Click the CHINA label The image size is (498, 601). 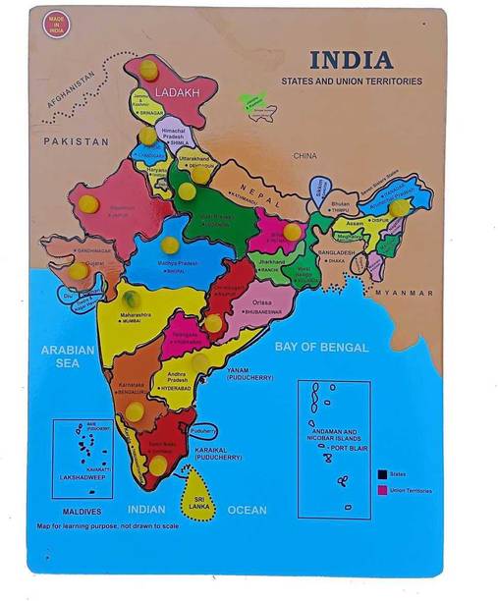pos(305,155)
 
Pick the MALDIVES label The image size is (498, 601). pos(77,512)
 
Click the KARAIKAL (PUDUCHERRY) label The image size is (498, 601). pos(219,453)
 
